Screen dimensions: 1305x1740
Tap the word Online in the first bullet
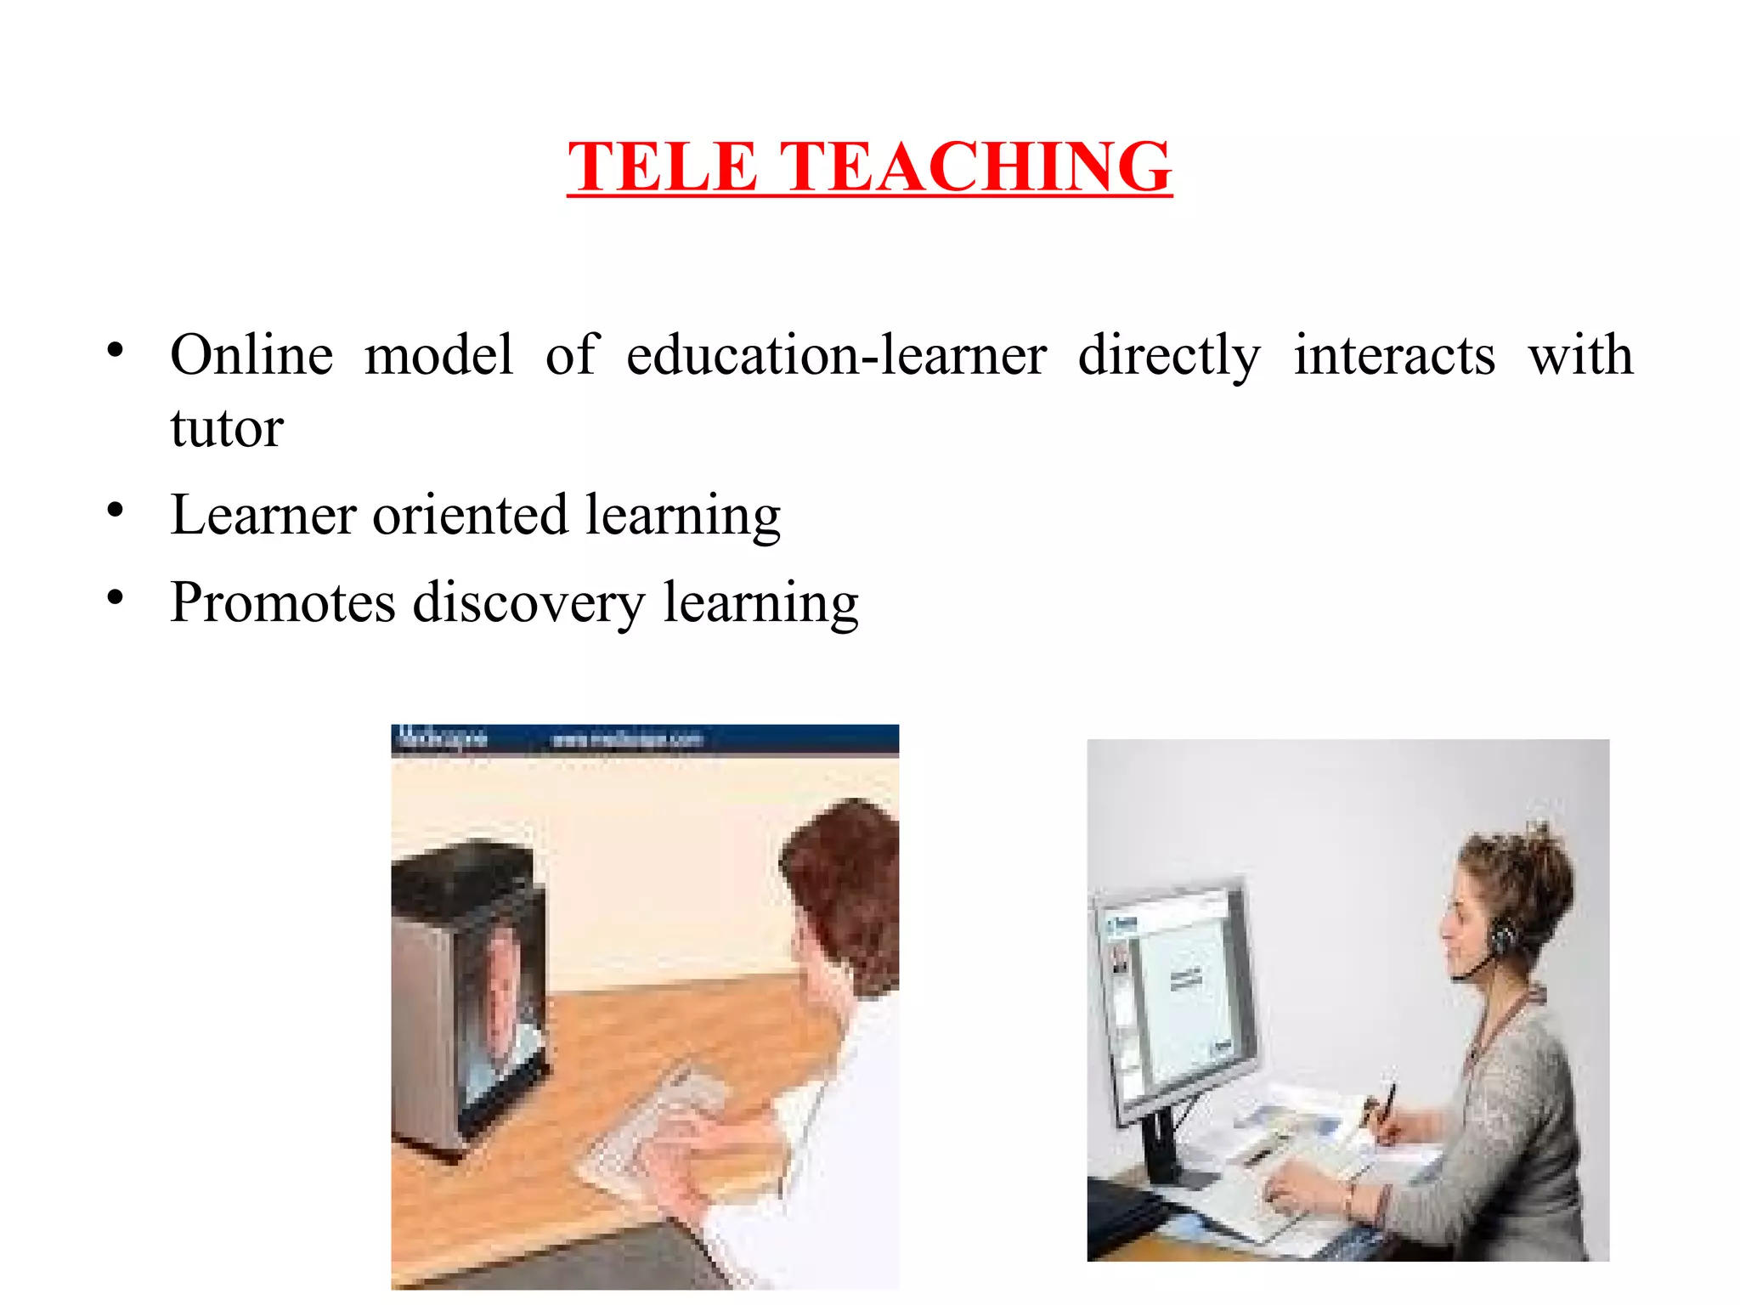pyautogui.click(x=251, y=354)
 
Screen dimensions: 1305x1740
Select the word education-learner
pyautogui.click(x=836, y=354)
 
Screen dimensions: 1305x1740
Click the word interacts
pyautogui.click(x=1394, y=354)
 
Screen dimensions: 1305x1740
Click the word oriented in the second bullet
pyautogui.click(x=470, y=515)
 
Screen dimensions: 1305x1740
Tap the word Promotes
pyautogui.click(x=283, y=602)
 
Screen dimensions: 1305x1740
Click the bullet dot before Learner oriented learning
pyautogui.click(x=116, y=510)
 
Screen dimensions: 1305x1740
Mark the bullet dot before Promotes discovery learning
pyautogui.click(x=116, y=597)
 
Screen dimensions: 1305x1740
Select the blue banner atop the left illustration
pyautogui.click(x=644, y=738)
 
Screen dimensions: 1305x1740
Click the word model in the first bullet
pyautogui.click(x=438, y=354)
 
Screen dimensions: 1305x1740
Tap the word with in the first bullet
pyautogui.click(x=1580, y=354)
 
